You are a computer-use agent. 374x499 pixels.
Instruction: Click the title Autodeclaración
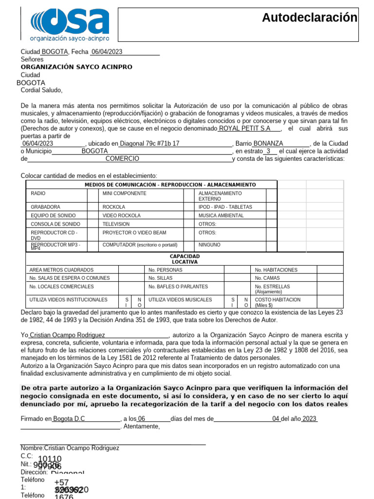tap(309, 18)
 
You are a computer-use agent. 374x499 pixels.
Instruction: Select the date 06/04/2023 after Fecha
tap(107, 52)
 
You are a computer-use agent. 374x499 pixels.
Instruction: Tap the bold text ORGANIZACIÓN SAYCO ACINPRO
tap(76, 67)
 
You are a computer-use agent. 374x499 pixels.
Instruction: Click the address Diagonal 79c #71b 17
tap(150, 144)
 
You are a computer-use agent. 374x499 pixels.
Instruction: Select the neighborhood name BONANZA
tap(268, 144)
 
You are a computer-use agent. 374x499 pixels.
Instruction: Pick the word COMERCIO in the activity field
tap(122, 158)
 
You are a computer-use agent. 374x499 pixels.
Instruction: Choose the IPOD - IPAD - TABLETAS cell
tap(225, 207)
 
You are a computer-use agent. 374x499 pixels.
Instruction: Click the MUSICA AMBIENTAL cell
tap(221, 215)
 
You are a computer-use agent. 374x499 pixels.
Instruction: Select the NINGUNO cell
tap(209, 245)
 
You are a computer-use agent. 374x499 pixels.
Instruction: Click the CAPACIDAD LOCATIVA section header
tap(185, 259)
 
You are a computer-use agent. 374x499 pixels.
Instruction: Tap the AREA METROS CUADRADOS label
tap(61, 270)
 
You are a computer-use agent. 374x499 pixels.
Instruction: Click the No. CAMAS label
tap(267, 278)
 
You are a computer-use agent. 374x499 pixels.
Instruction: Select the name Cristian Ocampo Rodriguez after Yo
tap(67, 335)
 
